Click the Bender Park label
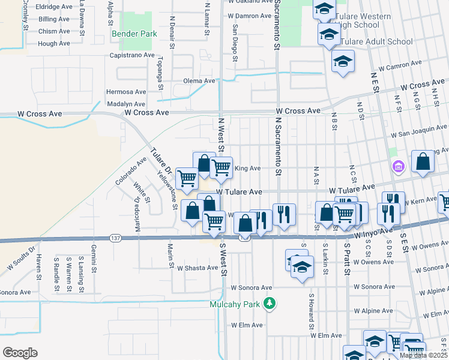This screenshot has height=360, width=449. pos(134,34)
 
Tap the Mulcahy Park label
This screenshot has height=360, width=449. pos(235,304)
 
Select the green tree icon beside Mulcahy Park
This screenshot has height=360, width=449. pos(270,304)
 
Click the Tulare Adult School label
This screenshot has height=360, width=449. pos(376,42)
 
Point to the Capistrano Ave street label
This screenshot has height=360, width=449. pos(133,55)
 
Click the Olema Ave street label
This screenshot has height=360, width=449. pos(199,81)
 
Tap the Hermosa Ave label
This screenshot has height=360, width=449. pos(126,92)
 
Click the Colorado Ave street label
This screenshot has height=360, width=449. pos(131,170)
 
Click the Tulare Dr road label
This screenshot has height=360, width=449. pos(160,161)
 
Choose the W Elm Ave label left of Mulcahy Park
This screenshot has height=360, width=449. pos(247,325)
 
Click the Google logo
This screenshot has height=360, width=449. pos(20,352)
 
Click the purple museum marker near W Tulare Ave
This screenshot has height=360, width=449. pos(398,166)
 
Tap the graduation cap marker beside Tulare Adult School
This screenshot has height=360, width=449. pos(328,35)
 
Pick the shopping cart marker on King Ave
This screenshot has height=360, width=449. pos(221,167)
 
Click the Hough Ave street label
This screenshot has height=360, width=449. pos(54,44)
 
